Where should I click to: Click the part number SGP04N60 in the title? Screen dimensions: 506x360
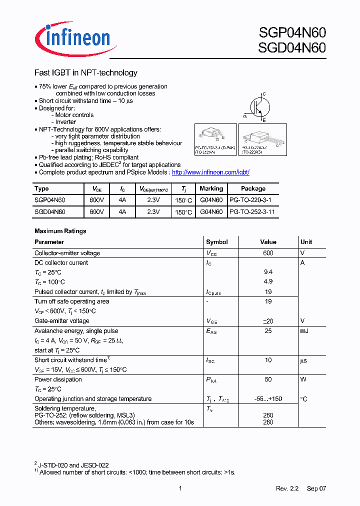(x=292, y=33)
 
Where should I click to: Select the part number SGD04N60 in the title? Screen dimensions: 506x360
(x=292, y=48)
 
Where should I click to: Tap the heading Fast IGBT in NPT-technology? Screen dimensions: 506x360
(x=85, y=73)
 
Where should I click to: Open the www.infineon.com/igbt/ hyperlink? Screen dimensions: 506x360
(x=210, y=172)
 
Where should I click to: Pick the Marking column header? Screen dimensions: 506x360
(x=211, y=188)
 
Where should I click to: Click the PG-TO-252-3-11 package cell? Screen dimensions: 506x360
(x=252, y=212)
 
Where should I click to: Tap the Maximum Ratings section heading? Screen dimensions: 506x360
(x=60, y=231)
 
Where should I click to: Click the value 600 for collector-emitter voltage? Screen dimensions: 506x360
(x=268, y=253)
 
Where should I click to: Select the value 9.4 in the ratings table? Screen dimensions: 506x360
(x=268, y=272)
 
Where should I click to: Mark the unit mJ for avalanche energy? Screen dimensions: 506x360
(x=304, y=330)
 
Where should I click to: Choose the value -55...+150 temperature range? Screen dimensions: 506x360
(x=268, y=399)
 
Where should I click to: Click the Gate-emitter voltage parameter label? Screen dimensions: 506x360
(x=62, y=320)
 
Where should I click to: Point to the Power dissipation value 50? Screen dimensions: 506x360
(x=268, y=379)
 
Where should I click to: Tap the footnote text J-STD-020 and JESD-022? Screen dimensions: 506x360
(x=73, y=465)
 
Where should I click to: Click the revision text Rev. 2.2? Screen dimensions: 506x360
(x=287, y=488)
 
